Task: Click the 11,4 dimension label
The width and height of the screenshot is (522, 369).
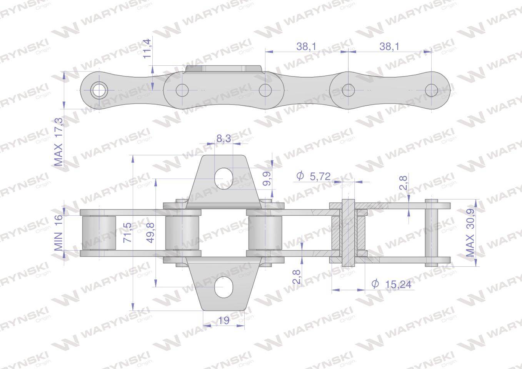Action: (147, 49)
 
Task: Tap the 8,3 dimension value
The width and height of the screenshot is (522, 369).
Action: (224, 138)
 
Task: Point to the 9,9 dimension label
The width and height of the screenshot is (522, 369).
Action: (267, 179)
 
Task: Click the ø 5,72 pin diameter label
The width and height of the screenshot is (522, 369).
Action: (314, 176)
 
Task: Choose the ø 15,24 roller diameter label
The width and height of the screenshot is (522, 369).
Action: (391, 284)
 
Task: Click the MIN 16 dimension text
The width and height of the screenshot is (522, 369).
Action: (59, 233)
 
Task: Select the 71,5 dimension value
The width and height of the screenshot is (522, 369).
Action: (127, 233)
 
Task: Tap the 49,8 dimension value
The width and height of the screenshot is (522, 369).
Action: (151, 233)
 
